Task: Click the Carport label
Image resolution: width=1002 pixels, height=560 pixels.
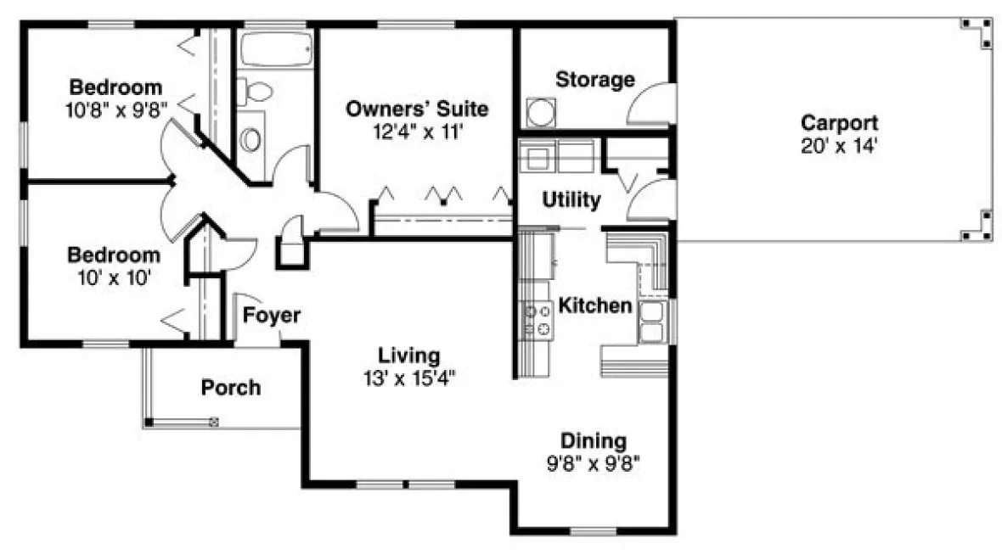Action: [839, 123]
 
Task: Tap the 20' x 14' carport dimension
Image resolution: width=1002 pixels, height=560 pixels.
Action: [839, 145]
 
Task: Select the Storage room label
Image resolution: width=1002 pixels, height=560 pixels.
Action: [594, 80]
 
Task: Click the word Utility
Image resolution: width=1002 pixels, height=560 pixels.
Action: [571, 201]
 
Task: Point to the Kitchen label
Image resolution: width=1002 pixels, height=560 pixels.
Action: [595, 305]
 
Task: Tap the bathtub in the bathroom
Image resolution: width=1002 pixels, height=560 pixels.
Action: [273, 50]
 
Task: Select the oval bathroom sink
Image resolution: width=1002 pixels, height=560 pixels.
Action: [250, 139]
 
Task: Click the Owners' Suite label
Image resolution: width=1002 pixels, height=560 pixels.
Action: [417, 109]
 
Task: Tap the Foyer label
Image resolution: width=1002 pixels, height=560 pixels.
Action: [272, 316]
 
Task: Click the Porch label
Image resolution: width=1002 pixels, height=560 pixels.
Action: [231, 388]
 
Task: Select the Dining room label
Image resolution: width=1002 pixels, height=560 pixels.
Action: [593, 441]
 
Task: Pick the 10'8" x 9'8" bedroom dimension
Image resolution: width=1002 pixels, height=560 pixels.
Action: [116, 109]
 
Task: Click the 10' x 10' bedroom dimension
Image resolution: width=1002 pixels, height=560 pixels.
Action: [114, 277]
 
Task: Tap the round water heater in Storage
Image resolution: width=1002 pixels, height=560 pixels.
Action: [539, 113]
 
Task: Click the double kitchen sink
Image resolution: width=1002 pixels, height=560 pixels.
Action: [651, 322]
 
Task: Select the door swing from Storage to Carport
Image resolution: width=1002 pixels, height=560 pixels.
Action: [650, 106]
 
